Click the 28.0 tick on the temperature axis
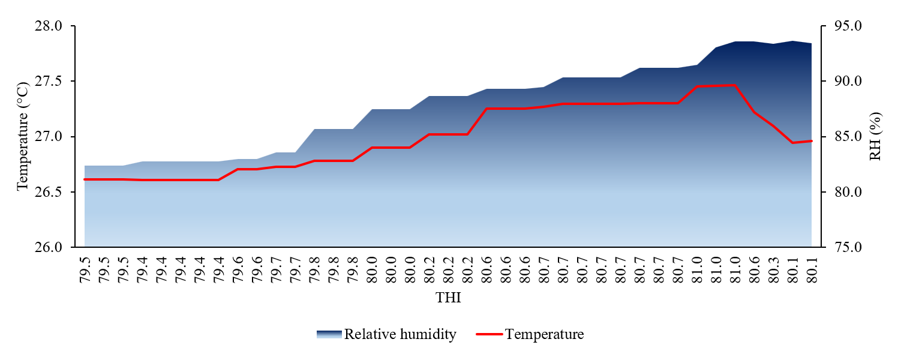[x=48, y=26]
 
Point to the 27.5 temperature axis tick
[x=48, y=82]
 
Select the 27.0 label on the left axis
[x=48, y=137]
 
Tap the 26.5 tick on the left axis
[x=48, y=192]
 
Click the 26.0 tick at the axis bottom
[x=48, y=247]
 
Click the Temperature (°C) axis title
[x=23, y=136]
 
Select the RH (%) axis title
[x=876, y=136]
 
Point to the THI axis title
[x=448, y=298]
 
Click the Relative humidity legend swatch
[x=329, y=334]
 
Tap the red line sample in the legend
[x=489, y=334]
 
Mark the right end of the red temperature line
[x=812, y=141]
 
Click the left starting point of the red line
[x=85, y=179]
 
